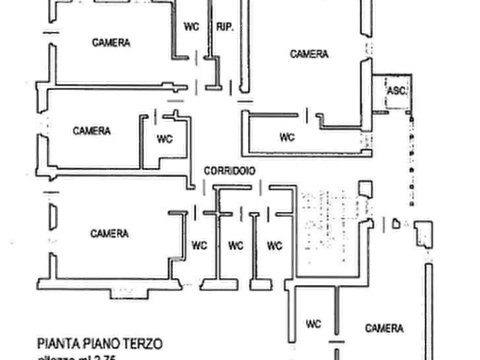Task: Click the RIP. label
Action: pyautogui.click(x=224, y=27)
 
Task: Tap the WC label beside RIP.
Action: pyautogui.click(x=191, y=27)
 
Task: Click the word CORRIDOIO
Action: pyautogui.click(x=230, y=171)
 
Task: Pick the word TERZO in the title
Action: pyautogui.click(x=144, y=343)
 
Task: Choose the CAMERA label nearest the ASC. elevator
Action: pyautogui.click(x=309, y=54)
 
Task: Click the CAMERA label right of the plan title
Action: pyautogui.click(x=384, y=328)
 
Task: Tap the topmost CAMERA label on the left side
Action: pyautogui.click(x=111, y=43)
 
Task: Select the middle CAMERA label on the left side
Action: pyautogui.click(x=92, y=131)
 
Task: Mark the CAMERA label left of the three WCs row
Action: pyautogui.click(x=110, y=234)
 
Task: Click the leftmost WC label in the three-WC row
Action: pyautogui.click(x=199, y=246)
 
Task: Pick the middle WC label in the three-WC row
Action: pyautogui.click(x=235, y=246)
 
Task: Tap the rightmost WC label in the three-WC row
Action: pyautogui.click(x=274, y=246)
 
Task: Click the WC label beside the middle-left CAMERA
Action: pyautogui.click(x=165, y=138)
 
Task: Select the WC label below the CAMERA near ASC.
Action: pyautogui.click(x=287, y=137)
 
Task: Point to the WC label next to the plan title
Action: pyautogui.click(x=314, y=324)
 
